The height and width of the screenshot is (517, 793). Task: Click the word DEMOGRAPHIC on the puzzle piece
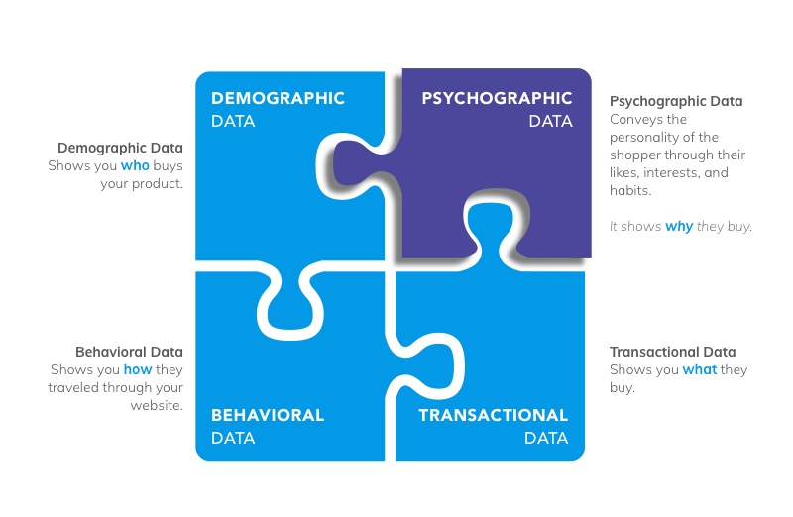tap(278, 99)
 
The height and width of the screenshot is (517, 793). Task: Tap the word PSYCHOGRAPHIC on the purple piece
tap(497, 99)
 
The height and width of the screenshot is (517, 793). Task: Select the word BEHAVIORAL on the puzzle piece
tap(268, 416)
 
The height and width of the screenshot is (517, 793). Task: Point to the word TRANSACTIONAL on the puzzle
tap(494, 416)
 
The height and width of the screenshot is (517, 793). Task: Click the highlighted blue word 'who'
tap(135, 166)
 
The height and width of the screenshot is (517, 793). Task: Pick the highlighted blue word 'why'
tap(679, 227)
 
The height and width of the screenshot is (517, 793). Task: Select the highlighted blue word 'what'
tap(699, 370)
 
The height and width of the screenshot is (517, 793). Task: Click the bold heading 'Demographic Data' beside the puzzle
tap(120, 148)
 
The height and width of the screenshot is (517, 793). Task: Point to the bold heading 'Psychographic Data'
tap(676, 101)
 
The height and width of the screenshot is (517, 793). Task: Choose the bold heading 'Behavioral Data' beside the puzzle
tap(129, 352)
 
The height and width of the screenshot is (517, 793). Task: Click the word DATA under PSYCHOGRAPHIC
tap(550, 122)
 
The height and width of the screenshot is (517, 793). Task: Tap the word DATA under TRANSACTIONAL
tap(546, 438)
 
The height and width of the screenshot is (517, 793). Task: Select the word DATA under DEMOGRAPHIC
tap(233, 122)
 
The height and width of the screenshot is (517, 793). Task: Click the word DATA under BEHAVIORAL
tap(233, 438)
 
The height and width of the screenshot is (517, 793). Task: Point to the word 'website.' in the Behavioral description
tap(157, 406)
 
